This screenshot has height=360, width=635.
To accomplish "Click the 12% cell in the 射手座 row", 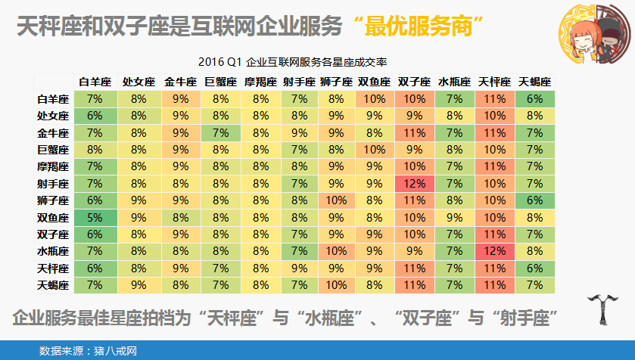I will pyautogui.click(x=415, y=183).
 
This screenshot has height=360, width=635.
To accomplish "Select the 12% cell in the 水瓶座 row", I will pyautogui.click(x=495, y=251).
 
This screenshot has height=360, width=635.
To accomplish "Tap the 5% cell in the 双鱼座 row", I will pyautogui.click(x=95, y=217).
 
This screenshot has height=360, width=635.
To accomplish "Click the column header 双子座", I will pyautogui.click(x=415, y=82).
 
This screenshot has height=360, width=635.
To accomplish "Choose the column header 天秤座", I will pyautogui.click(x=495, y=82).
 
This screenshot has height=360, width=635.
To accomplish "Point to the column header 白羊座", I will pyautogui.click(x=95, y=82).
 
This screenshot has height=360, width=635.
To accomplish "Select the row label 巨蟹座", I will pyautogui.click(x=53, y=149).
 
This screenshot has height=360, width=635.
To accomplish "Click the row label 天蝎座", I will pyautogui.click(x=53, y=285).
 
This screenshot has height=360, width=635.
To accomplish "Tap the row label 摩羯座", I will pyautogui.click(x=53, y=166).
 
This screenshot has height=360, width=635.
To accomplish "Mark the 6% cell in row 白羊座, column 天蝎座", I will pyautogui.click(x=534, y=98).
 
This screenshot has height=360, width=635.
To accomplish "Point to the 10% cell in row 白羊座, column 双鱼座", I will pyautogui.click(x=374, y=98).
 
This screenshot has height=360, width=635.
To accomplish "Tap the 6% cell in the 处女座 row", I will pyautogui.click(x=95, y=116).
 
